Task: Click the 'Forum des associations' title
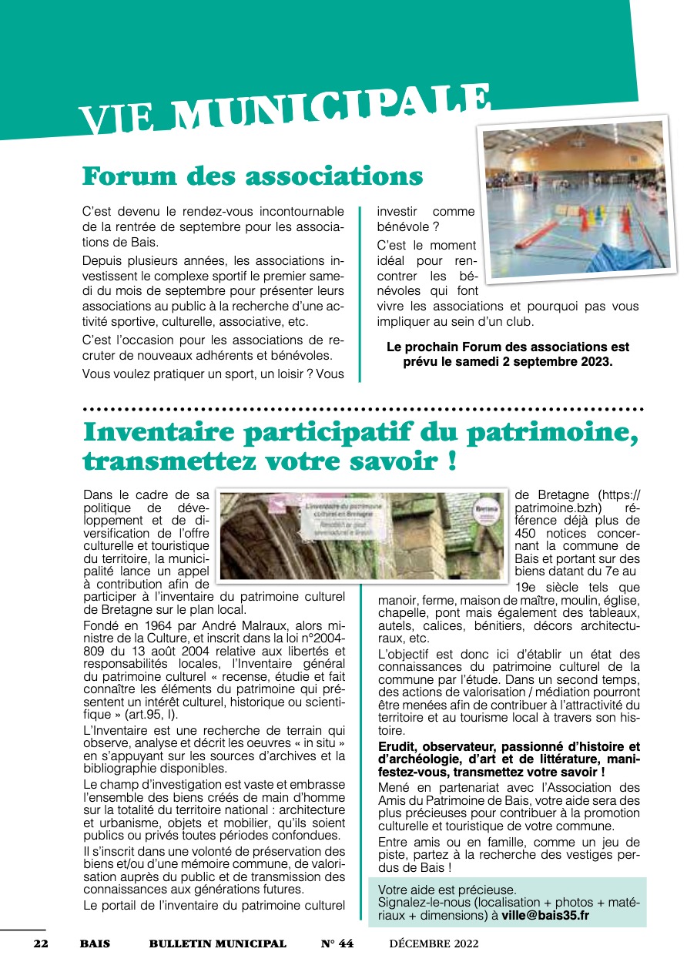(253, 176)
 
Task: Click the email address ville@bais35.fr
(545, 916)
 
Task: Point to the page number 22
(40, 944)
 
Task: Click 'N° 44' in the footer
(337, 944)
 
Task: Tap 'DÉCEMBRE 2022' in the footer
(434, 944)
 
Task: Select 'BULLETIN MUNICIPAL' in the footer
(217, 944)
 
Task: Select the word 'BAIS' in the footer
(95, 944)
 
